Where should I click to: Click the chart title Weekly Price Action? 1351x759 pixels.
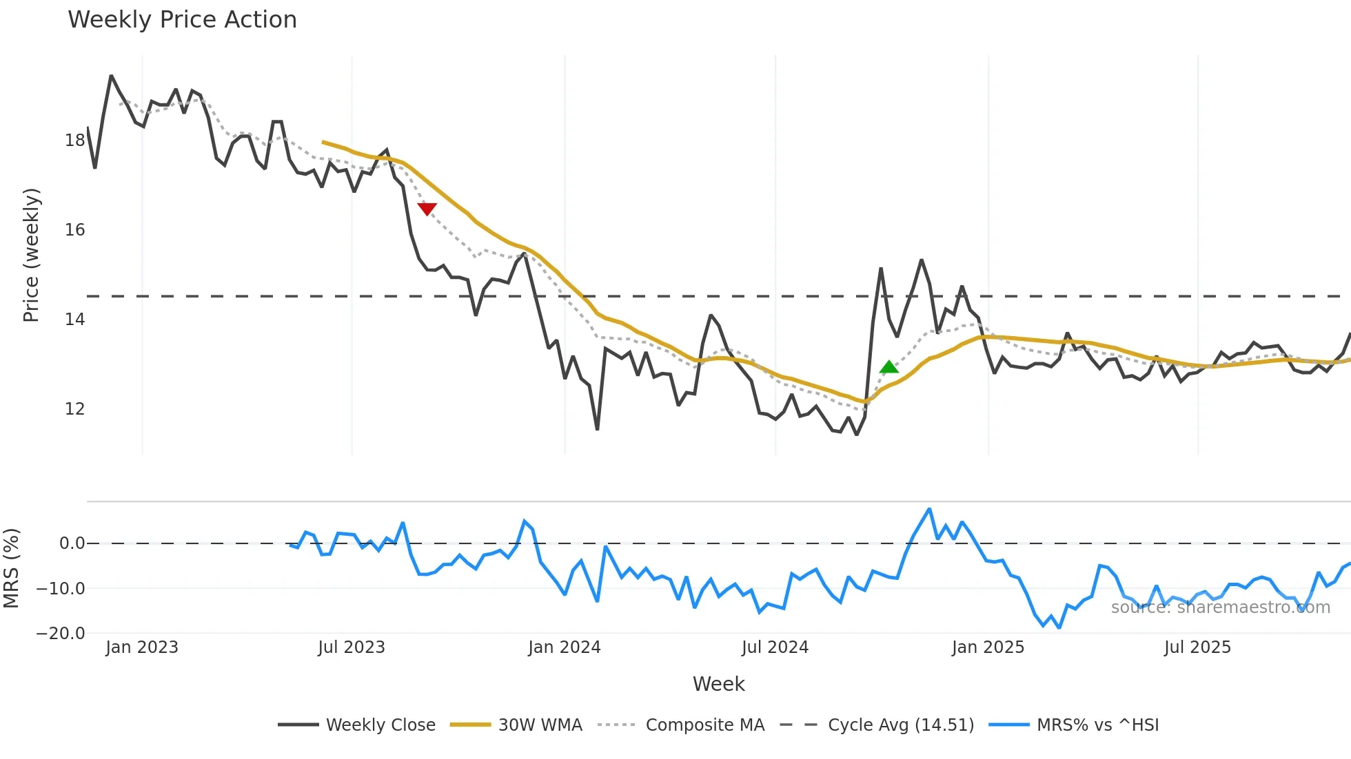(182, 20)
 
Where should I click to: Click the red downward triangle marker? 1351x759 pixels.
(427, 209)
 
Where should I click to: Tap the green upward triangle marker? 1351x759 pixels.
(889, 367)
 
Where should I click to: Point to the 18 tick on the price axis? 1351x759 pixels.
(74, 141)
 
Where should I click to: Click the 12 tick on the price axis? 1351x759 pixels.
(74, 409)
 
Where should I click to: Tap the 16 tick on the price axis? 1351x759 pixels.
(74, 230)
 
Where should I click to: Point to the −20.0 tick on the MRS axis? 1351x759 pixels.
(61, 634)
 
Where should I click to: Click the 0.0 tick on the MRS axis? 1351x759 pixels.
(72, 543)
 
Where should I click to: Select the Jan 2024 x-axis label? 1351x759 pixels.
(565, 647)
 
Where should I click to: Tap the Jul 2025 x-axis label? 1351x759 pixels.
(1197, 647)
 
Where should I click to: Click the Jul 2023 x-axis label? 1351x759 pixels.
(352, 647)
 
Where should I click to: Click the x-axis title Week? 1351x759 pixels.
(718, 684)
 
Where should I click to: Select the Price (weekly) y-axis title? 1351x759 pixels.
(32, 255)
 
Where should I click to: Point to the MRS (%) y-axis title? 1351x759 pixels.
(11, 568)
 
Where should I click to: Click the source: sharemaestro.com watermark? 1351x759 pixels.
(1220, 607)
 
